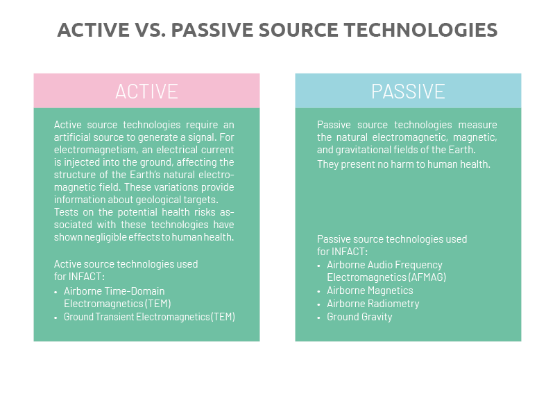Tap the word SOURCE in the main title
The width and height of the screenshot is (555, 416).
(298, 30)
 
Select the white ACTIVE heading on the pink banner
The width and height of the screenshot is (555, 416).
(146, 92)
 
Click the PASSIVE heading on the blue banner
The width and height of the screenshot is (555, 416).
(408, 92)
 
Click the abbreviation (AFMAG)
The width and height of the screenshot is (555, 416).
(427, 277)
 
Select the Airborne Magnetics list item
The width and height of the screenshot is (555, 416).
(370, 291)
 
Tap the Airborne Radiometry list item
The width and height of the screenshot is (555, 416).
(373, 304)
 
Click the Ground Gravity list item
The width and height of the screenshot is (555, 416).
(359, 317)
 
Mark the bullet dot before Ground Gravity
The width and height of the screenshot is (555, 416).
(318, 318)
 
